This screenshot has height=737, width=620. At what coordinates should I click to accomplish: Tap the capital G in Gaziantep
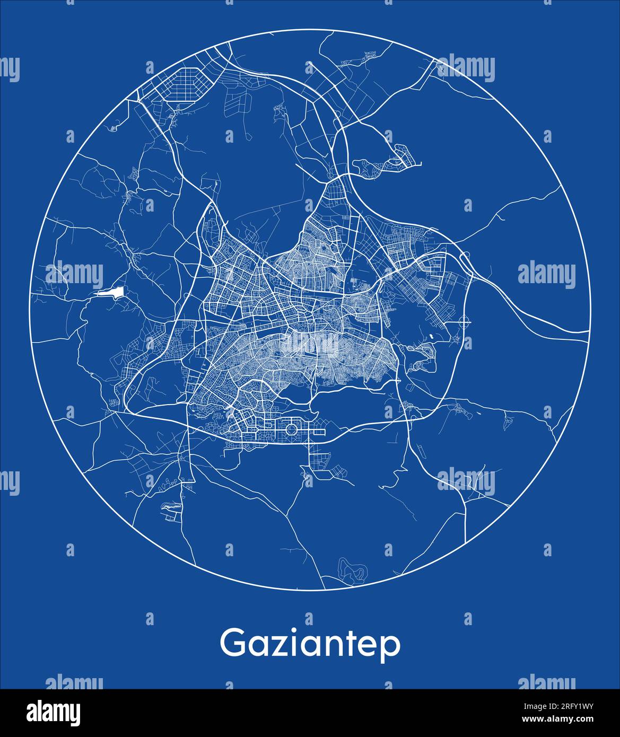click(x=232, y=643)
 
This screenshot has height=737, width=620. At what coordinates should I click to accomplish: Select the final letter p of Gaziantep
click(x=391, y=648)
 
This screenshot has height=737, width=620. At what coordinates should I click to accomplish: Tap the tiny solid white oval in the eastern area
click(x=431, y=336)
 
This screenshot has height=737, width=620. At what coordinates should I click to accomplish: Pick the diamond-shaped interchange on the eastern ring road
click(x=465, y=261)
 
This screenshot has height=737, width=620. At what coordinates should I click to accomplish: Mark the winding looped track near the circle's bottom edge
click(x=353, y=570)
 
